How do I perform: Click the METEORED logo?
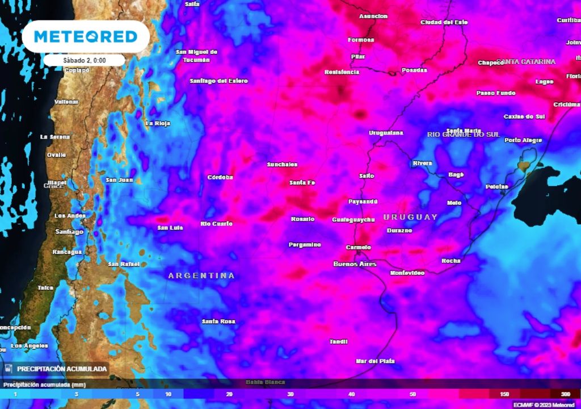pos(86,37)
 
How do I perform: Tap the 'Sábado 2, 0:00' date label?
pos(85,60)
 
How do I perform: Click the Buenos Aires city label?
pos(355,264)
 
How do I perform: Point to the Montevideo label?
pos(407,273)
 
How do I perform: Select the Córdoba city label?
pos(220,177)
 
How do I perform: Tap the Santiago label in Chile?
pos(69,232)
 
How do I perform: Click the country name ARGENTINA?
pos(201,276)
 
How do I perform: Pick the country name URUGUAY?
pos(411,217)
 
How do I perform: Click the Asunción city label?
pos(373,16)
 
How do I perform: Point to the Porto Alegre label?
pos(523,140)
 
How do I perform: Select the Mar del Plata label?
pos(374,361)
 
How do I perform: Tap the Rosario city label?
pos(302,219)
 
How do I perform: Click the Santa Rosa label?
pos(218,322)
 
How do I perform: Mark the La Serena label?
pos(56,137)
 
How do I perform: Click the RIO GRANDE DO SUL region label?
pos(463,135)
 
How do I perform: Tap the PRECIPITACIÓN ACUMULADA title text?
pos(62,369)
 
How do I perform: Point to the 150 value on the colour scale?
pos(504,394)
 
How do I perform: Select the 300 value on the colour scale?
pos(566,394)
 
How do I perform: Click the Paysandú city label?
pos(363,202)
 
